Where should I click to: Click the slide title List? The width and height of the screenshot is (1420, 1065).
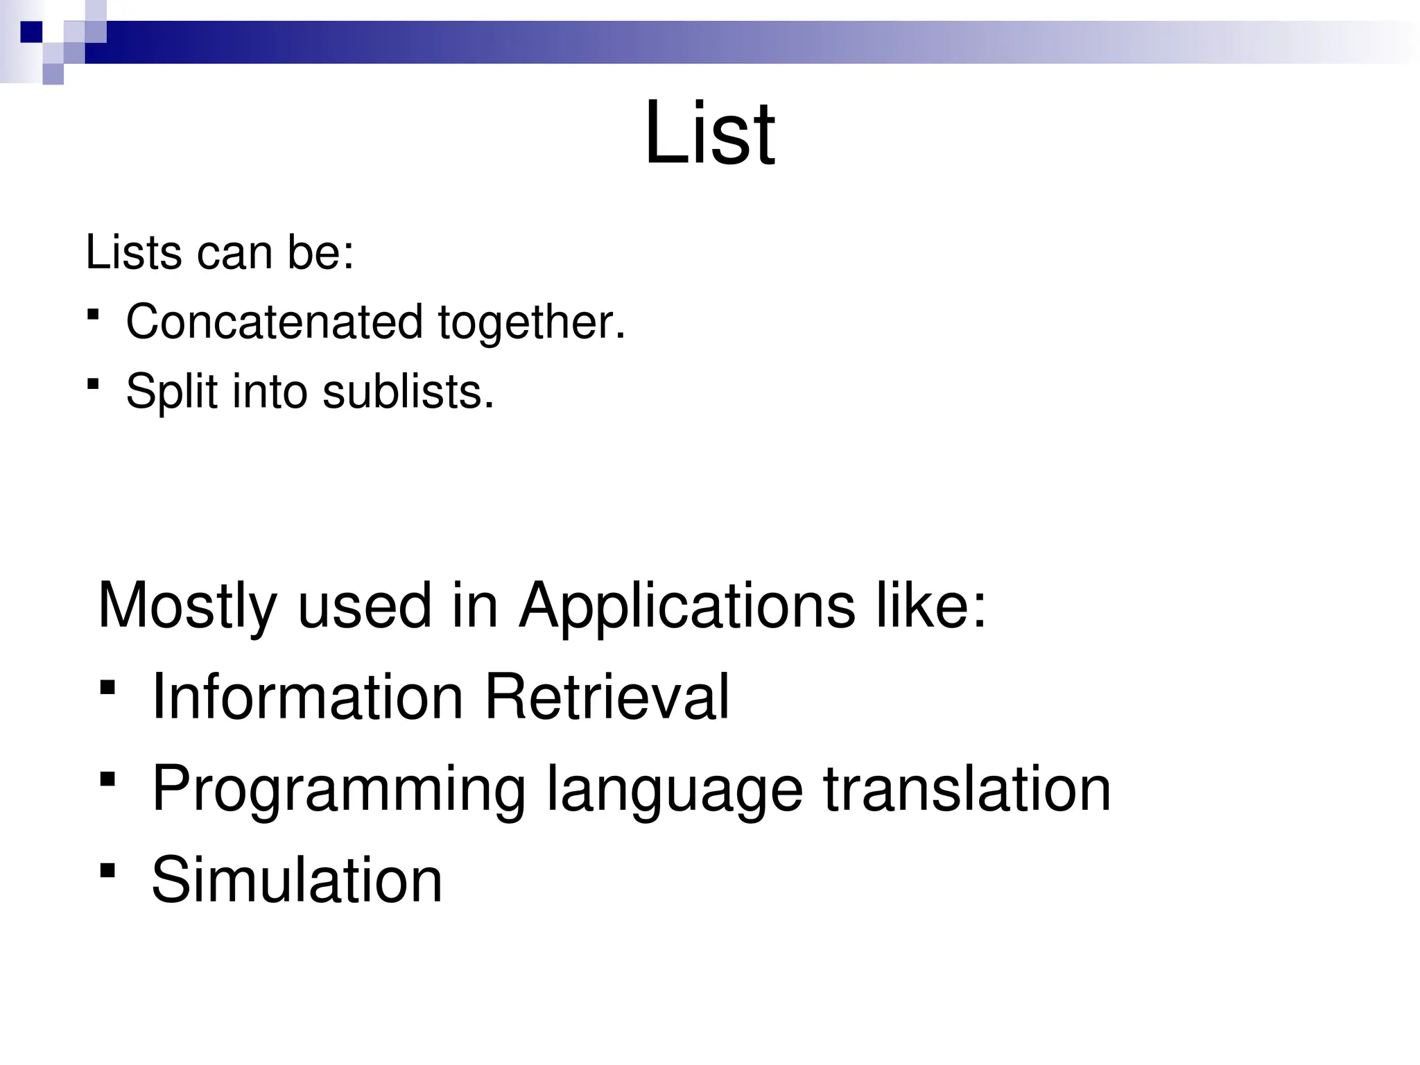[709, 133]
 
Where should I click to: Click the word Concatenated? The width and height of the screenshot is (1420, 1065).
[275, 322]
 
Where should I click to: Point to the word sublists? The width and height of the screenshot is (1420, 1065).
[408, 392]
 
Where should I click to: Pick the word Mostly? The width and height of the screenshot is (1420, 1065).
[187, 606]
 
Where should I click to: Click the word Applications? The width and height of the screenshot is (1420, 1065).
[687, 606]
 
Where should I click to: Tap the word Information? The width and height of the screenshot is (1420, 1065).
[307, 698]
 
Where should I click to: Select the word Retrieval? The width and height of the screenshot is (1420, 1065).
[607, 698]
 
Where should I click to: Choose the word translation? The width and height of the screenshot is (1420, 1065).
[967, 789]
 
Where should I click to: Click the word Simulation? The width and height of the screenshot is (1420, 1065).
[297, 880]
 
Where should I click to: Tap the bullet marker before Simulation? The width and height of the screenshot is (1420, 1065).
[107, 870]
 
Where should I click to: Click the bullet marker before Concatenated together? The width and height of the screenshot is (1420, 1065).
[93, 315]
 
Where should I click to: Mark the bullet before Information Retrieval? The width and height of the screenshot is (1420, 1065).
[107, 688]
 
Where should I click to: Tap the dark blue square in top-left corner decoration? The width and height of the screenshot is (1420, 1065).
[31, 32]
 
